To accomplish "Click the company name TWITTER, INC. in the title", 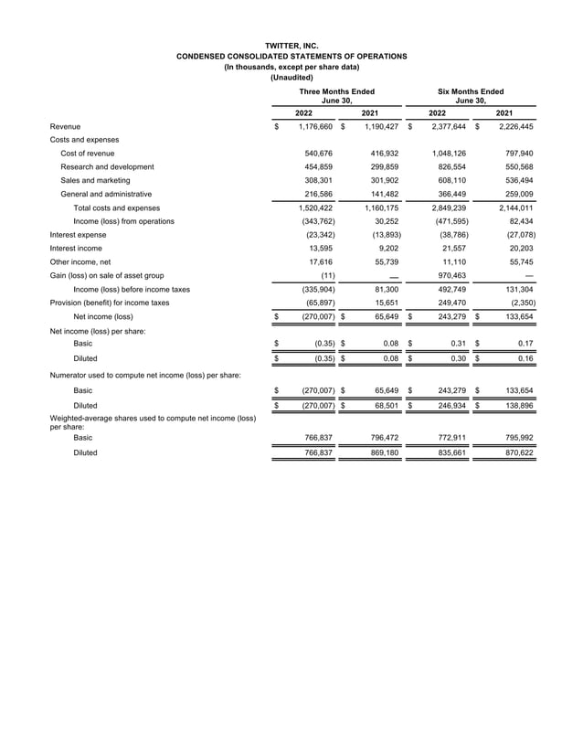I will (x=291, y=45).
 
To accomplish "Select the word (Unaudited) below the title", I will (x=291, y=78).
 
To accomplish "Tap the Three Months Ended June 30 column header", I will (x=336, y=97).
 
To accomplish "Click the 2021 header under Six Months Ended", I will (x=503, y=113).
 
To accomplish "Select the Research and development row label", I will (x=107, y=167).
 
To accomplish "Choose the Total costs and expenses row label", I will (x=116, y=208).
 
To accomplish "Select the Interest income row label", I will (x=76, y=248).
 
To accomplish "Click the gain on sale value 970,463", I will (x=449, y=275).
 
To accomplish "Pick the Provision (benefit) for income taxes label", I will (x=110, y=302).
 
